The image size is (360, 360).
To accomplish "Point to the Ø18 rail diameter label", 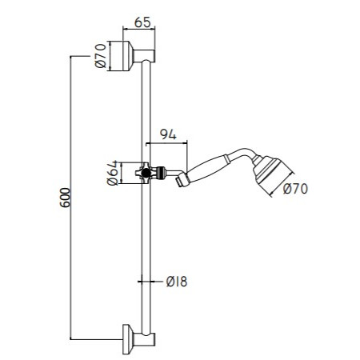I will tap(177, 281).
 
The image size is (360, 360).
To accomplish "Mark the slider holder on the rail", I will tap(144, 172).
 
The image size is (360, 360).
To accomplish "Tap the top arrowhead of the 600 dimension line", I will tap(73, 58).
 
